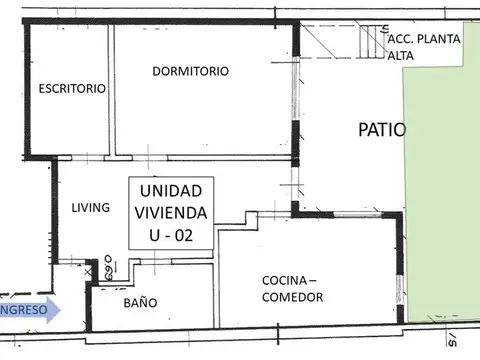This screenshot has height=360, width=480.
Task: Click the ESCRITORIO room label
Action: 72,88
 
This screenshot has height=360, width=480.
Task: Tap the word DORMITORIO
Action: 190,71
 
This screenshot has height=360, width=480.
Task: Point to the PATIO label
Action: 382,130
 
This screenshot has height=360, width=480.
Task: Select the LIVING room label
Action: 91,208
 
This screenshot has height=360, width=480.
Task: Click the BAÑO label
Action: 140,301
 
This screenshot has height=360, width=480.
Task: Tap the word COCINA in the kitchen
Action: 285,280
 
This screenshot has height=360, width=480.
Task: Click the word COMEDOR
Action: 292,298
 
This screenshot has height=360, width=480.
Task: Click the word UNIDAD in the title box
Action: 169,190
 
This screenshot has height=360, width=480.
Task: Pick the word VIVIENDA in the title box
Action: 169,212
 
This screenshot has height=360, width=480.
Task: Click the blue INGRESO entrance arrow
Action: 30,310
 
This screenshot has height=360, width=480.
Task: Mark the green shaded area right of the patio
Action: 440,200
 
